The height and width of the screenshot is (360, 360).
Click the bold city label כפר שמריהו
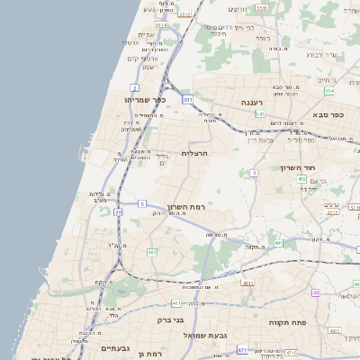pos(144,100)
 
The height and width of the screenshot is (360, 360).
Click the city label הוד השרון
pos(319,169)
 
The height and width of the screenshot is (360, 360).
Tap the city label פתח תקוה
pos(289,320)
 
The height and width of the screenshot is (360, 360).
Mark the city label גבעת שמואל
pos(204,335)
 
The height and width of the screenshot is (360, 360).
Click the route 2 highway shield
pos(134,87)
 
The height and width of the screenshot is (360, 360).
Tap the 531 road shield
pos(187,100)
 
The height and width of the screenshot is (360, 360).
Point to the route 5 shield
pos(141,204)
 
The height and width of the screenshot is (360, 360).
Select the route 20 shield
pos(118,212)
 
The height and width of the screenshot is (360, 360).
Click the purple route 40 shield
pos(315,292)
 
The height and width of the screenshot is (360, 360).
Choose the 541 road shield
pos(259,114)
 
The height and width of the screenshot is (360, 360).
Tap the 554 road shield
pos(329,91)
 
